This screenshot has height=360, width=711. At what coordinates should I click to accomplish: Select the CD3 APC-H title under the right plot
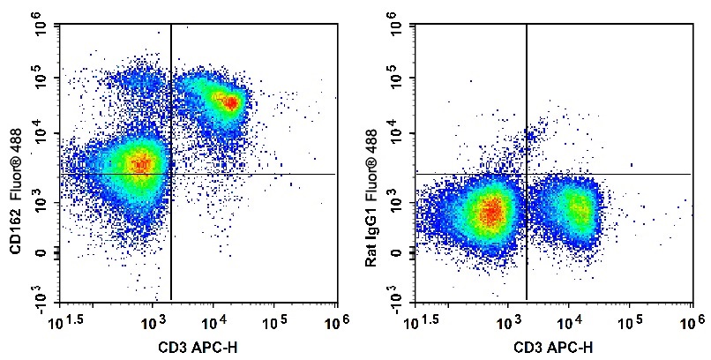553,343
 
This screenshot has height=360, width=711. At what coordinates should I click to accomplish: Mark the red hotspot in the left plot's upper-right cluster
229,102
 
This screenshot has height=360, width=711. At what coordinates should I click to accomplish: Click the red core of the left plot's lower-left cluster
139,163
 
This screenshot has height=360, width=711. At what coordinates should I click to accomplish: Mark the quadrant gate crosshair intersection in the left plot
170,174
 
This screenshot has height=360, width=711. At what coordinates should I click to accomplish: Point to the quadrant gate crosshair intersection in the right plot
527,174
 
